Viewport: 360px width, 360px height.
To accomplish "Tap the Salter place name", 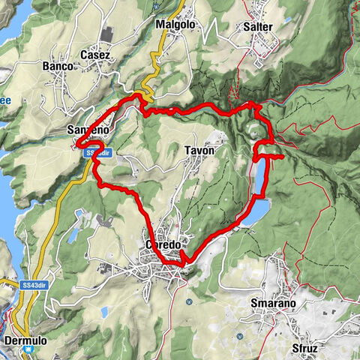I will tap(257, 26).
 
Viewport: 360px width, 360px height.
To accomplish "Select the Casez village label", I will tap(95, 55).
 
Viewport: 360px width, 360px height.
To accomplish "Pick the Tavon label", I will tap(199, 150).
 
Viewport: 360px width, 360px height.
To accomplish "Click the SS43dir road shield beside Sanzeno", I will tap(97, 152).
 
